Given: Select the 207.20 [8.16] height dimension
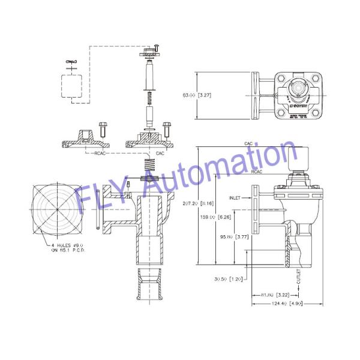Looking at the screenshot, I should (x=198, y=204).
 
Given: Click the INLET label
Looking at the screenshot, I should (x=236, y=197).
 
